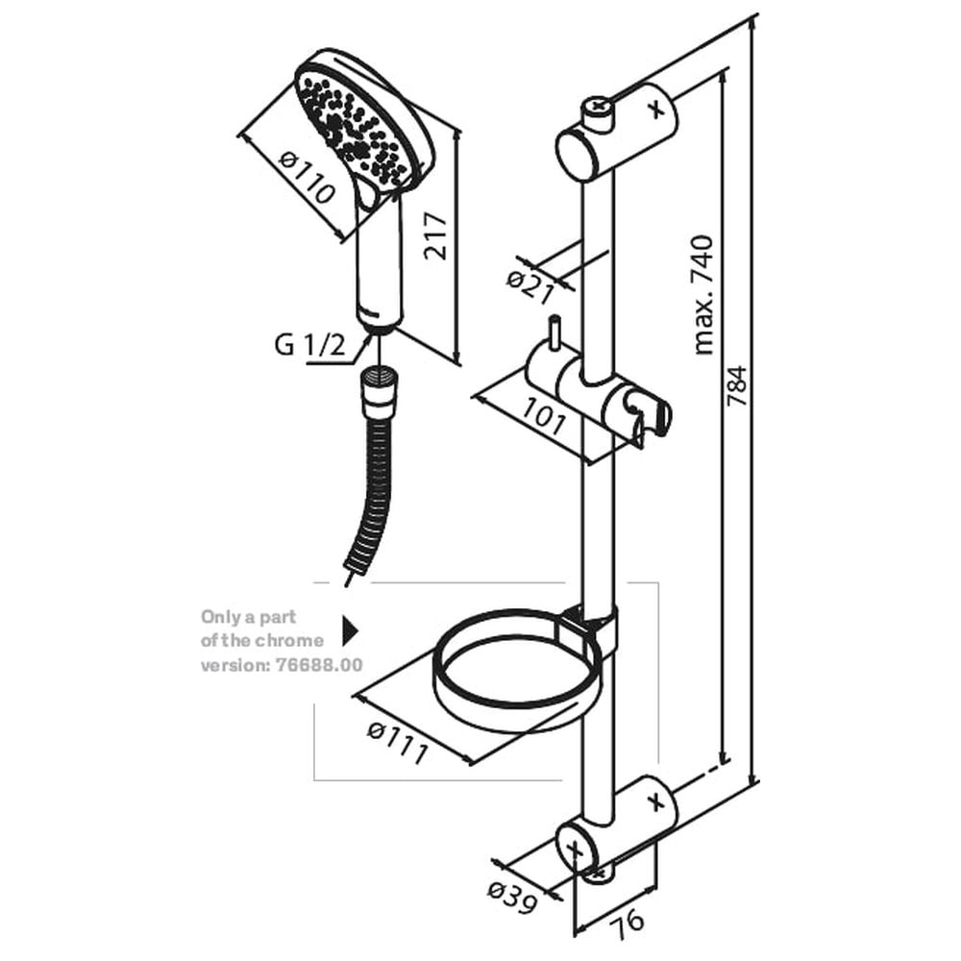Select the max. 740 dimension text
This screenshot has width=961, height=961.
704,294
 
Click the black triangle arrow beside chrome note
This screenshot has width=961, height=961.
350,630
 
